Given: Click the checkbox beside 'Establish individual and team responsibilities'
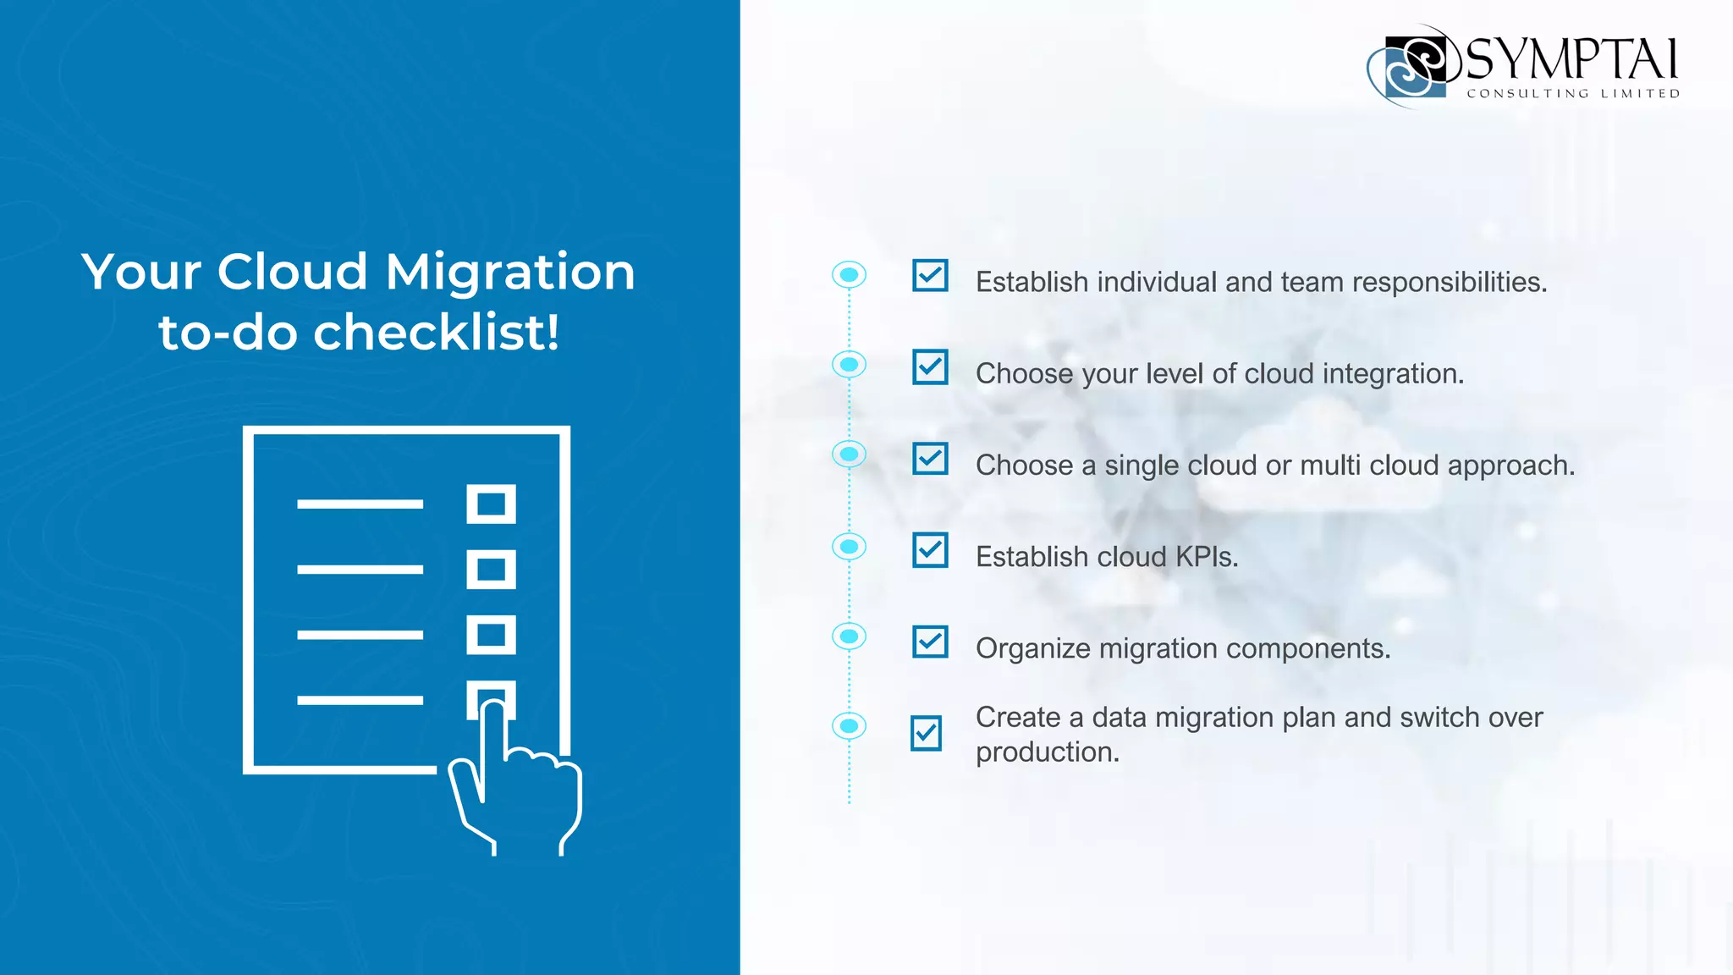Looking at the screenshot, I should (x=930, y=276).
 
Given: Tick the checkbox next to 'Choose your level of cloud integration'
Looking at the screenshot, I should (x=930, y=367).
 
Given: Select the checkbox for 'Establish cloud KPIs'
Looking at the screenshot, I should (x=930, y=550).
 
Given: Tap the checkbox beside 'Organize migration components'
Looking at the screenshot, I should (x=930, y=642).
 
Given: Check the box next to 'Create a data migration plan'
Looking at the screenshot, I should (x=927, y=733).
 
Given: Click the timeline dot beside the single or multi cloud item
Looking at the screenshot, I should (x=849, y=454).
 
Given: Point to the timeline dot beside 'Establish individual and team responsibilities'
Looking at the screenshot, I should (x=849, y=274).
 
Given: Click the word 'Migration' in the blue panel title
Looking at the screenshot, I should (x=509, y=273).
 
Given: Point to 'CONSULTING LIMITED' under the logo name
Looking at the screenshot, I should (x=1573, y=94).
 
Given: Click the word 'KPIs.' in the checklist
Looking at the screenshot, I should (x=1207, y=557).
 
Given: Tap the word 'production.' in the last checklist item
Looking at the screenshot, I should (x=1048, y=752).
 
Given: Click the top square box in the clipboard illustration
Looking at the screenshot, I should (x=491, y=504).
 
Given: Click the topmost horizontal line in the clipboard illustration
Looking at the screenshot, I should (x=360, y=504).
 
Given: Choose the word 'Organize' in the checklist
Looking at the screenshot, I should (x=1033, y=649).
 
